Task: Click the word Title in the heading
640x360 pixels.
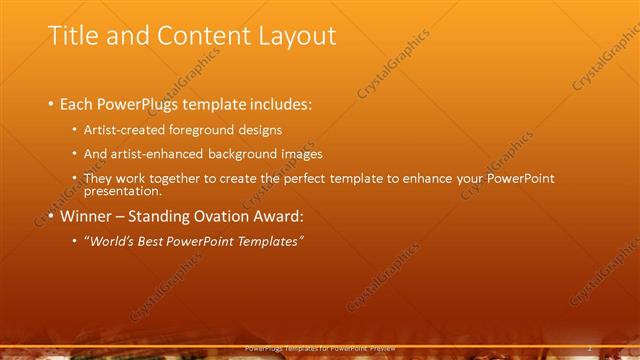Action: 73,36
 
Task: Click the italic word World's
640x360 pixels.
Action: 111,241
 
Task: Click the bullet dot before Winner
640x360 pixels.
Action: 51,216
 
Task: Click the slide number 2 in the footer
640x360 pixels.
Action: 591,349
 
